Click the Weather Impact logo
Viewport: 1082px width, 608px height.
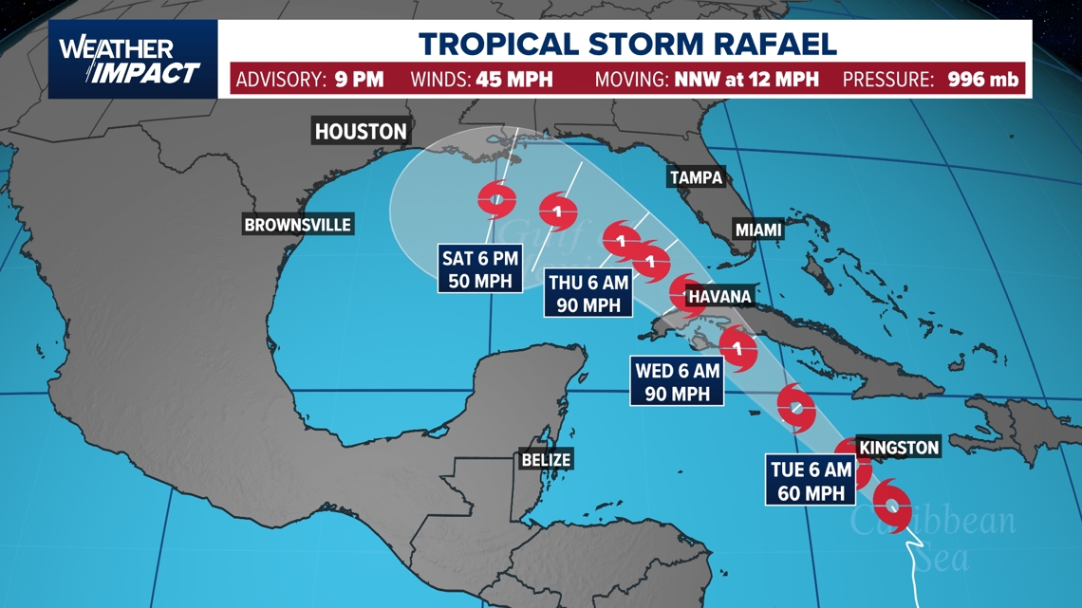(130, 61)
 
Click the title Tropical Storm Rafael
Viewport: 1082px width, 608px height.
(628, 44)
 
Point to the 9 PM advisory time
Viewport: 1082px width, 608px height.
(359, 80)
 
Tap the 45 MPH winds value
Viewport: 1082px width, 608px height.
(514, 80)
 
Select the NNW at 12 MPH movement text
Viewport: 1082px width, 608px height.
(746, 80)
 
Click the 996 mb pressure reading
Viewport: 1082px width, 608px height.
(983, 80)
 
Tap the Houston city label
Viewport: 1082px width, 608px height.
(361, 132)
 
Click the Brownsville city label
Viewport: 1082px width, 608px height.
(298, 225)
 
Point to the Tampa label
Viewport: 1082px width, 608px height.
(696, 177)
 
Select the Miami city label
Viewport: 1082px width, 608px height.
(757, 230)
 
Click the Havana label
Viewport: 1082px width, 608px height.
(719, 297)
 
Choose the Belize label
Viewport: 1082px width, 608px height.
(546, 460)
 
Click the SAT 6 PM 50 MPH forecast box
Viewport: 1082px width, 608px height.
(480, 268)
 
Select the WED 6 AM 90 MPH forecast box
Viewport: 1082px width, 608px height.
(678, 382)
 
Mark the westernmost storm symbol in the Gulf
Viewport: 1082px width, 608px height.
(496, 199)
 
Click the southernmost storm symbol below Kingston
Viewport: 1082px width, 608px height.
(892, 504)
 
